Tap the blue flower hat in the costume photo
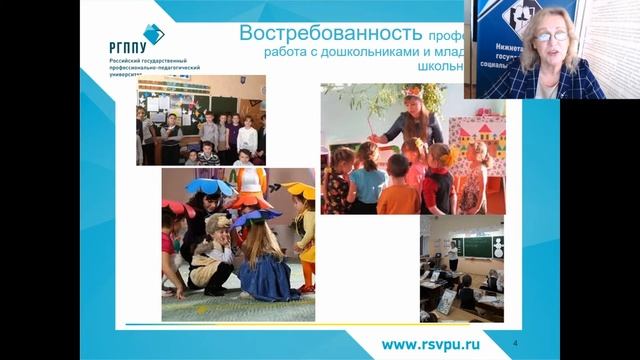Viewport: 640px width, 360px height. pos(208,187)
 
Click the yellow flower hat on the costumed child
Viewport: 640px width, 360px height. pos(299,190)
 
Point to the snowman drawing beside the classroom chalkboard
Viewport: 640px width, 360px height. pos(497,246)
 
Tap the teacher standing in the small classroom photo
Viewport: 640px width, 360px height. pos(453,255)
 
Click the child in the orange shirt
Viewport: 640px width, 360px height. pos(398,189)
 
